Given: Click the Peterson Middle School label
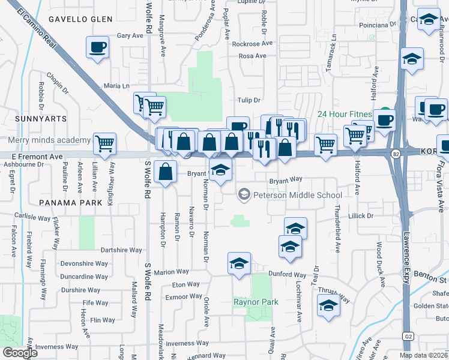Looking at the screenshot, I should pyautogui.click(x=297, y=195).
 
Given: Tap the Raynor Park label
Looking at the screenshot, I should pyautogui.click(x=256, y=302).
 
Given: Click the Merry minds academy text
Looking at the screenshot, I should pyautogui.click(x=50, y=140).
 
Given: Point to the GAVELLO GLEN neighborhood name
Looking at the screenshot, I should pyautogui.click(x=80, y=19).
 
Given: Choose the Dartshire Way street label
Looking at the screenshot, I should pyautogui.click(x=121, y=250).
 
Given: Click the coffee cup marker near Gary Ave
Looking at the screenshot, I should pyautogui.click(x=98, y=47).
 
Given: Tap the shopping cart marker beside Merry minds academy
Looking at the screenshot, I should pyautogui.click(x=104, y=143).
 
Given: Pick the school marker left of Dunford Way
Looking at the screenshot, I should pyautogui.click(x=239, y=263).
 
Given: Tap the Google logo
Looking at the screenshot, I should pyautogui.click(x=20, y=353).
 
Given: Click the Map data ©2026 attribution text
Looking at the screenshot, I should pyautogui.click(x=423, y=355).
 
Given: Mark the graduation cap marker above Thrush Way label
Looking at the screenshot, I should pyautogui.click(x=327, y=306).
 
